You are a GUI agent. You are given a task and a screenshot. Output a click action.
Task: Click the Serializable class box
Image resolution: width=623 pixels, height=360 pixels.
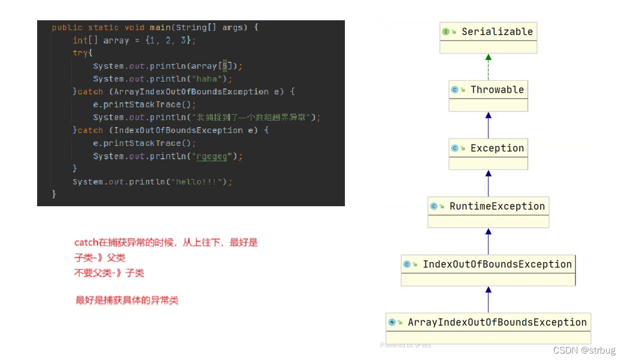click(488, 37)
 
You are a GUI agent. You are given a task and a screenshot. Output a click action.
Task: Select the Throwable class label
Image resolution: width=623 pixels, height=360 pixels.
click(497, 90)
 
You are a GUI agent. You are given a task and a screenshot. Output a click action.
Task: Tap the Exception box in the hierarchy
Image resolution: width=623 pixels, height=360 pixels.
click(497, 148)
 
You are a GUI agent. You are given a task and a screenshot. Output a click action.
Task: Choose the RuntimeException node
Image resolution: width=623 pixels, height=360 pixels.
click(497, 206)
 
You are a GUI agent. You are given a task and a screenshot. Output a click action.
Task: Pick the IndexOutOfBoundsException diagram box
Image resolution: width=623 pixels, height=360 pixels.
click(497, 264)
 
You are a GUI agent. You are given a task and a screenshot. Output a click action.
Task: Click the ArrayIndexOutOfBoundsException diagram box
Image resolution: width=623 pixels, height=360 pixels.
click(497, 322)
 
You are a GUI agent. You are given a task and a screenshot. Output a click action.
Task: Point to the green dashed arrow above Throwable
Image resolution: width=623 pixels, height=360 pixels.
click(488, 67)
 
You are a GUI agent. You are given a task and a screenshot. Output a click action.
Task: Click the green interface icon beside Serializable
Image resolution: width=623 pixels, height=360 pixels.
click(446, 32)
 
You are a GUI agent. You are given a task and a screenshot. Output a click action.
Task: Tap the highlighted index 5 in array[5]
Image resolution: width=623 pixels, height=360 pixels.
click(225, 66)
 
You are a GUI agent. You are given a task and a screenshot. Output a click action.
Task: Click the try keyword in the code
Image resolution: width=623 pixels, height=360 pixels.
click(80, 53)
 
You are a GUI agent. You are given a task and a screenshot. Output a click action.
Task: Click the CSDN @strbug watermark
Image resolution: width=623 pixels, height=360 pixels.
click(584, 351)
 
